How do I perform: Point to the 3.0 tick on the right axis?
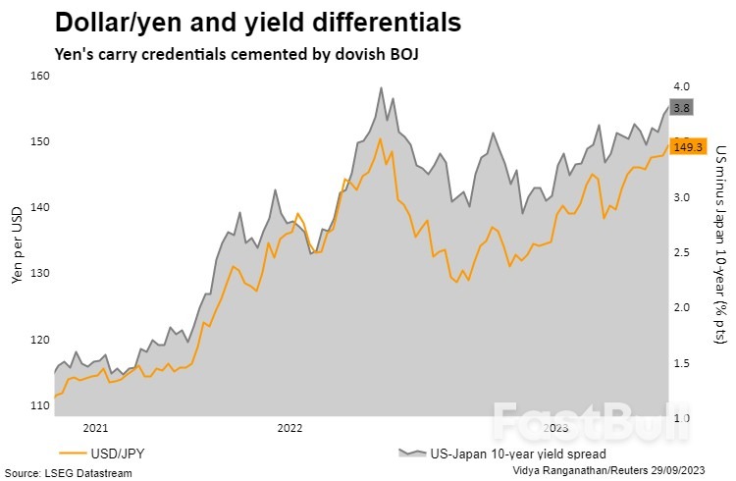[682, 197]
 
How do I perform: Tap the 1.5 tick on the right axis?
[682, 363]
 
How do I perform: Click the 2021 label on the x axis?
[95, 427]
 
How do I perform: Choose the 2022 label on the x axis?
[290, 427]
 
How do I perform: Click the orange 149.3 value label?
[687, 146]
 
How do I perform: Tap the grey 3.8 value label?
[682, 107]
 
